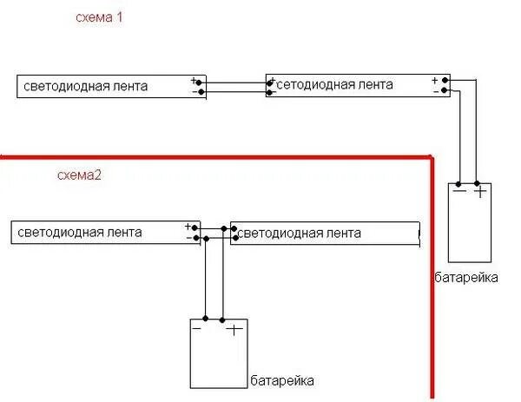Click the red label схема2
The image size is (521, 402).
click(80, 176)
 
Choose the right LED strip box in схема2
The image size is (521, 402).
click(325, 234)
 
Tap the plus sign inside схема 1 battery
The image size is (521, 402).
click(479, 191)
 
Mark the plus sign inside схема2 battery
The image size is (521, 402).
click(233, 329)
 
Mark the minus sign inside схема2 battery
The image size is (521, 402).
click(198, 329)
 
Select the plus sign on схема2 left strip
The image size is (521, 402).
click(188, 227)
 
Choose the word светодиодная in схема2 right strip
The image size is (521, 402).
click(281, 234)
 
